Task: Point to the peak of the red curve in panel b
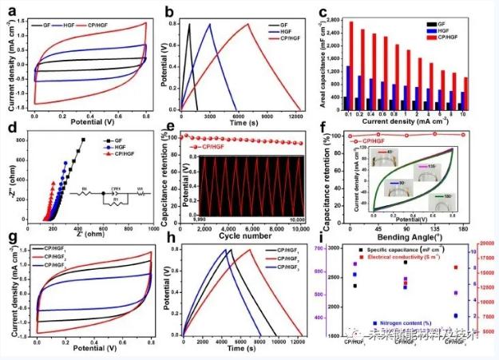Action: coord(248,23)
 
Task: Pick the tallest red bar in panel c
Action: coord(351,22)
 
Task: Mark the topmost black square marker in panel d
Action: coord(83,140)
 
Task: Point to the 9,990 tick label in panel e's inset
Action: coord(203,218)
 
